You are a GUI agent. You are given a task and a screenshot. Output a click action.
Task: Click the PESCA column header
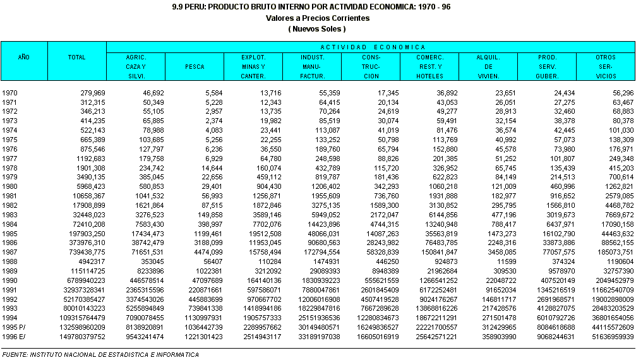(x=194, y=66)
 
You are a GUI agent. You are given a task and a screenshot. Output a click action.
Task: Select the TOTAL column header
(x=76, y=57)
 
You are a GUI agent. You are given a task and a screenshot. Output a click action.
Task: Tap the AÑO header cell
(x=23, y=57)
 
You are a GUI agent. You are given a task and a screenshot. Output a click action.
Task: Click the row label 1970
(x=10, y=93)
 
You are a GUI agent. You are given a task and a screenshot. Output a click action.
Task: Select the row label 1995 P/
(x=14, y=328)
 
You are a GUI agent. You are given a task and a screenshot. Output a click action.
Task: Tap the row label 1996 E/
(x=14, y=337)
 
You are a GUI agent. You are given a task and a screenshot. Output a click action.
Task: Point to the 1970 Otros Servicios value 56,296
(x=621, y=93)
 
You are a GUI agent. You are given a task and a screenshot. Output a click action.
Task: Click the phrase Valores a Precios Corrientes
(x=318, y=18)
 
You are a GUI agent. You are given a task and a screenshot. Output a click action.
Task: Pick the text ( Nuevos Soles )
(x=318, y=29)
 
